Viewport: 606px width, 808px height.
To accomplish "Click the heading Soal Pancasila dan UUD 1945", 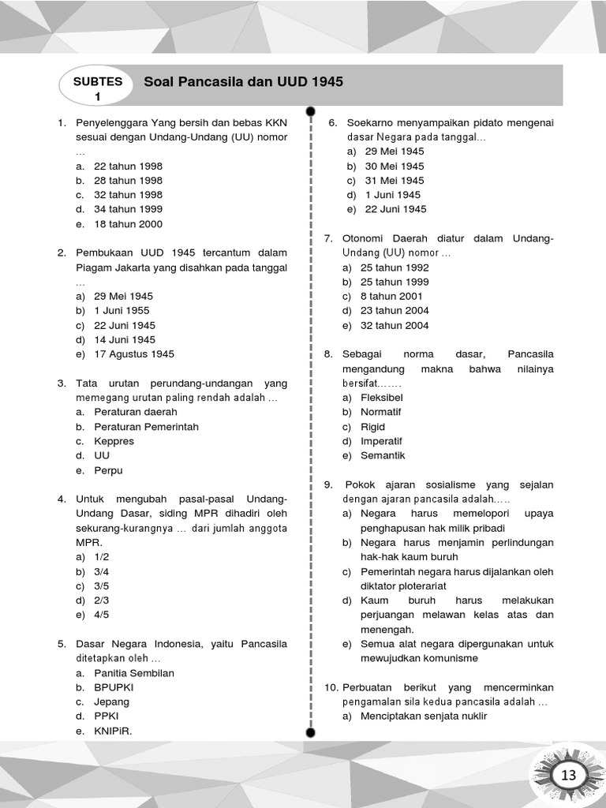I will point(243,82).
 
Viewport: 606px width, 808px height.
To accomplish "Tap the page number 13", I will point(569,776).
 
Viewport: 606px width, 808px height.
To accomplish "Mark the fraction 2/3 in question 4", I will point(101,600).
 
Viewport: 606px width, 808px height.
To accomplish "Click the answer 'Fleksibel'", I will point(382,398).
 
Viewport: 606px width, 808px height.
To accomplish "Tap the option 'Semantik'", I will point(383,456).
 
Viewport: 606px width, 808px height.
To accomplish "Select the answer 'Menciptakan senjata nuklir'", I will point(424,716).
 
